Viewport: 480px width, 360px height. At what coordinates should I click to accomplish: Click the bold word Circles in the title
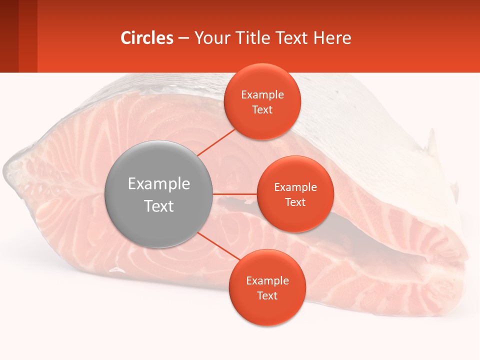(x=147, y=38)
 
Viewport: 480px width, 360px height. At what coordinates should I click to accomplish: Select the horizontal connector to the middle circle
(x=235, y=194)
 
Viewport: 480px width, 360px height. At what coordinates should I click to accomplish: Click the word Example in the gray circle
(x=159, y=184)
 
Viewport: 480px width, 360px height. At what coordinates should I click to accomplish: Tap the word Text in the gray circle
(x=159, y=206)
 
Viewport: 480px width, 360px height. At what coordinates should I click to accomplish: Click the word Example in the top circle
(x=262, y=95)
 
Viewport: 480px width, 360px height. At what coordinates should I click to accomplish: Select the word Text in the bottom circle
(x=267, y=296)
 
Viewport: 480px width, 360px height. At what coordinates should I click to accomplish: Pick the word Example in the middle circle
(x=295, y=187)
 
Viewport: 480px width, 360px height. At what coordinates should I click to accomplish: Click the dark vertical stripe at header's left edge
(x=9, y=36)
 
